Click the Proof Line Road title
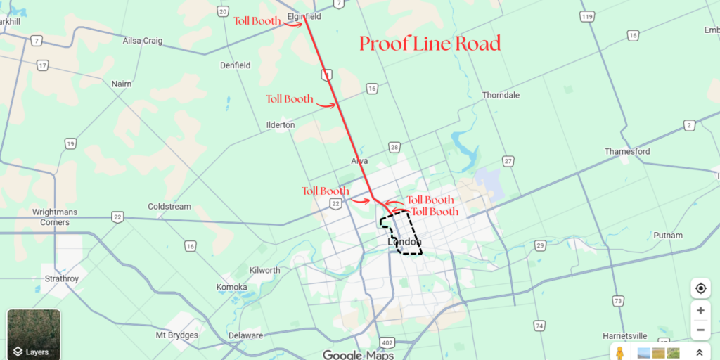[x=430, y=44]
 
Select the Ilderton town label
[x=281, y=124]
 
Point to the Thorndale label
[x=501, y=95]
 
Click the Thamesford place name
[x=627, y=151]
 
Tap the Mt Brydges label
[x=177, y=335]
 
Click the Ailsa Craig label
[x=143, y=41]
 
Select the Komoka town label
[x=232, y=287]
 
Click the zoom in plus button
[x=700, y=310]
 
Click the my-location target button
[x=700, y=288]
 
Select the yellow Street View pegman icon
[x=620, y=352]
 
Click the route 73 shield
[x=618, y=301]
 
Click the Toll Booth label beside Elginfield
[x=257, y=21]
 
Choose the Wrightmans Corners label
[x=51, y=217]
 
